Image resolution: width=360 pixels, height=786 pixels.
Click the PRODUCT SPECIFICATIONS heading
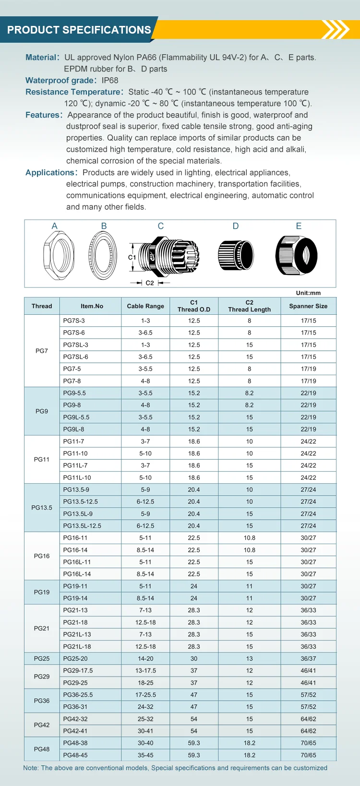[x=79, y=30]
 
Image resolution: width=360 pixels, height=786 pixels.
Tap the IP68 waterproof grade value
[x=110, y=80]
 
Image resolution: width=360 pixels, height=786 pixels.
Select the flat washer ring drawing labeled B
[x=103, y=255]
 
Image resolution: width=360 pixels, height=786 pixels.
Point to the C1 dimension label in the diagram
[x=132, y=258]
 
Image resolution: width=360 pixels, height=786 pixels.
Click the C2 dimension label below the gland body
[x=150, y=283]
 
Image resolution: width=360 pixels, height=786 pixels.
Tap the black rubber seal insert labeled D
[x=236, y=255]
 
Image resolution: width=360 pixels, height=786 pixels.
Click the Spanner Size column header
[x=308, y=306]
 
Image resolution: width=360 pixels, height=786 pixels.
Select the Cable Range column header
[x=145, y=306]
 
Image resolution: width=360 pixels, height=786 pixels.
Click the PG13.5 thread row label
[x=42, y=508]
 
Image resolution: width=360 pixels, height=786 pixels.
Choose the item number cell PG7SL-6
[x=76, y=357]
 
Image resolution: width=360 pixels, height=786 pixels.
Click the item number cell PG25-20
[x=75, y=659]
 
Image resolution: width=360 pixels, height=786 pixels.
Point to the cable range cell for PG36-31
[x=145, y=707]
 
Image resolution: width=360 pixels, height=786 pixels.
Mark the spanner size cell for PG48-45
[x=308, y=755]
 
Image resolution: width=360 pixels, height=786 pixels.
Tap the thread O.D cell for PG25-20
[x=194, y=659]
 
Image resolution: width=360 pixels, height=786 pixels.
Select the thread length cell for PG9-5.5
[x=249, y=393]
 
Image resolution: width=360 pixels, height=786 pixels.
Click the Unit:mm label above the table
[x=308, y=293]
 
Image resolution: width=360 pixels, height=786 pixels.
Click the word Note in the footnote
[x=31, y=768]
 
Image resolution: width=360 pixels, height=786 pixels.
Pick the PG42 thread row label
[x=42, y=725]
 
